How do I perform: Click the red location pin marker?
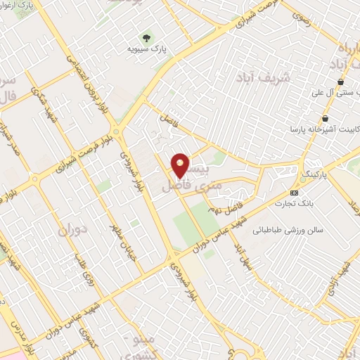181,165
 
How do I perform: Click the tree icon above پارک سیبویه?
147,37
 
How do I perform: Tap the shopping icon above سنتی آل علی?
340,82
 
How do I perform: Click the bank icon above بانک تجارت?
294,193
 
